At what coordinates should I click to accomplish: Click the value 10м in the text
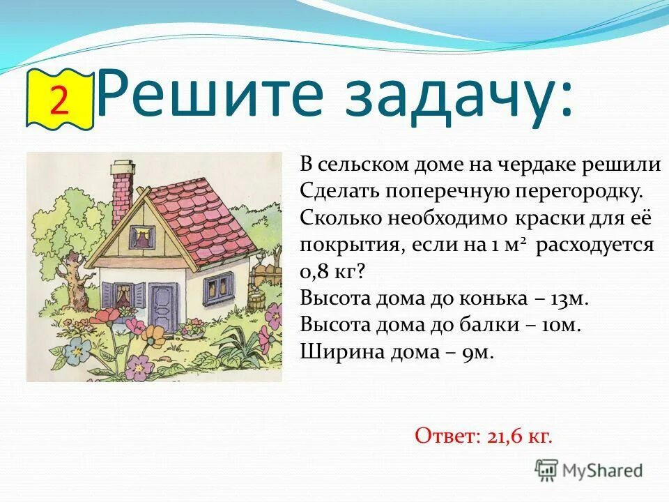pyautogui.click(x=561, y=326)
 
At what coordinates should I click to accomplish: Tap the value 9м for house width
pyautogui.click(x=477, y=352)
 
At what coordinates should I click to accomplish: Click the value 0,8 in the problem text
pyautogui.click(x=318, y=273)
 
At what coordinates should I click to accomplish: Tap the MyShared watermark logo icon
pyautogui.click(x=547, y=470)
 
